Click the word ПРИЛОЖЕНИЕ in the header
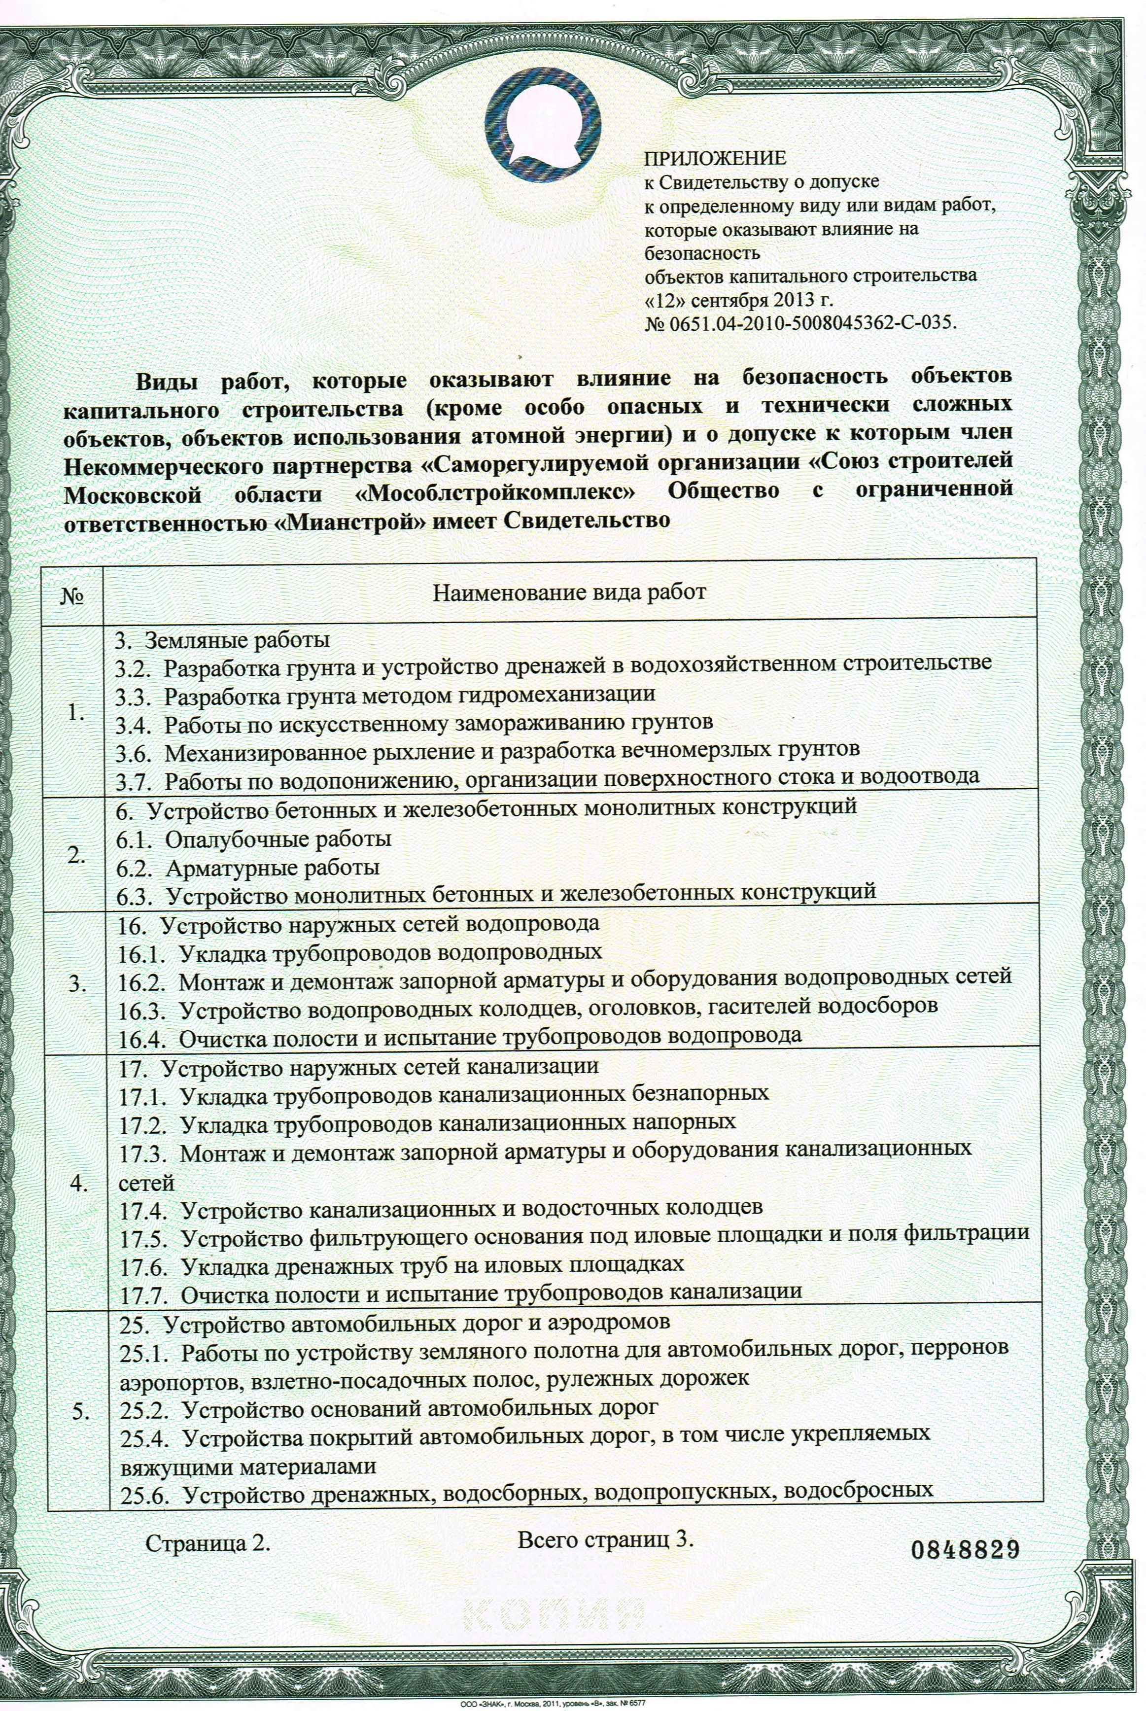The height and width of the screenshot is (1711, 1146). point(715,158)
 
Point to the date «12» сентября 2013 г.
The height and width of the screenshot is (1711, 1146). point(738,300)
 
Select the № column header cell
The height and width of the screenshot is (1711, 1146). point(74,594)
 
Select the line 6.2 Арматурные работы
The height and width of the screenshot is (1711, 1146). point(248,868)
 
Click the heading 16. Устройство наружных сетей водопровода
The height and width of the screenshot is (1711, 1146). point(359,924)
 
